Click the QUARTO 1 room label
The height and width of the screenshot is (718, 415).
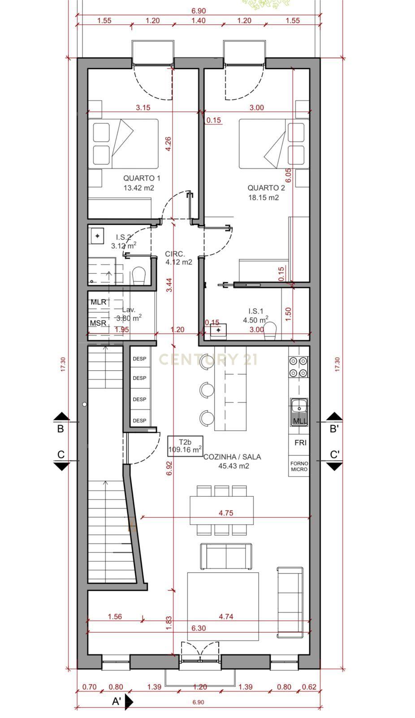(x=142, y=178)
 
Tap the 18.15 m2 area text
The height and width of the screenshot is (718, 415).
(x=264, y=197)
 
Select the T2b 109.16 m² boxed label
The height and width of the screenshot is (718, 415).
(x=185, y=446)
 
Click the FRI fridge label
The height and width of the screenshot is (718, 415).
(x=300, y=442)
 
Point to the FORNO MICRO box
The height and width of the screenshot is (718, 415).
(x=299, y=466)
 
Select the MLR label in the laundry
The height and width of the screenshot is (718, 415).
(x=98, y=302)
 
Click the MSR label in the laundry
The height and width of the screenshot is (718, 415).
(x=98, y=323)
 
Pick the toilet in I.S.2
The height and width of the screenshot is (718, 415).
(x=139, y=276)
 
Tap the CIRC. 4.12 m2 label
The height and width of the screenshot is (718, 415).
(x=178, y=258)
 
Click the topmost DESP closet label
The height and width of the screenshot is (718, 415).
(x=139, y=359)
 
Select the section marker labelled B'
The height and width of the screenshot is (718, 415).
(x=334, y=429)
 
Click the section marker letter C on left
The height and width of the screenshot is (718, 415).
(x=61, y=455)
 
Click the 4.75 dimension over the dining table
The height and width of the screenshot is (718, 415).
(x=225, y=513)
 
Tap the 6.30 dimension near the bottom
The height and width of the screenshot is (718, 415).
(x=198, y=628)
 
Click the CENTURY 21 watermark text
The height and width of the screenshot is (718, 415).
(x=208, y=359)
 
